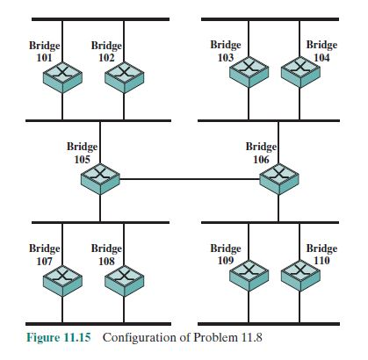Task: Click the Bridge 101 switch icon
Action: click(x=62, y=79)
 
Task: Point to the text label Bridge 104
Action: click(x=321, y=50)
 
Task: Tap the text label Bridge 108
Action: click(x=106, y=254)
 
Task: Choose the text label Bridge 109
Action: click(x=226, y=254)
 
